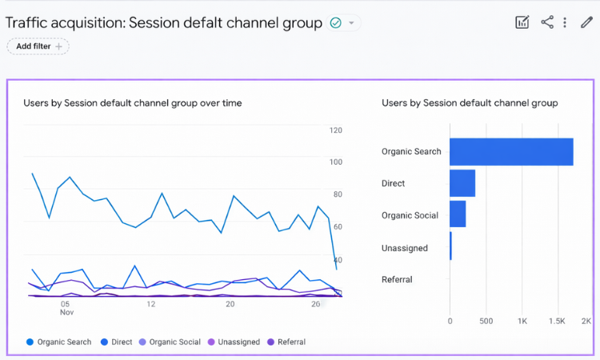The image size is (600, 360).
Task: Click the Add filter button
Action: click(x=38, y=46)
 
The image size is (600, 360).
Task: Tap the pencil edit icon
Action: click(x=586, y=22)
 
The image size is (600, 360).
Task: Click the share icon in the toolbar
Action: click(x=547, y=22)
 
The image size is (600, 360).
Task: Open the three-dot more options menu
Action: click(x=565, y=22)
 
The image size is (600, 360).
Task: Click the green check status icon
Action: click(x=336, y=23)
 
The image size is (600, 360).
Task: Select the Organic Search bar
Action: click(x=511, y=151)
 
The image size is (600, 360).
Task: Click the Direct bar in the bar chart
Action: click(x=462, y=183)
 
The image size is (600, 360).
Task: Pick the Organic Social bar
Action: click(x=458, y=214)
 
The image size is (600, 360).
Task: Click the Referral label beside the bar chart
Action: click(x=397, y=280)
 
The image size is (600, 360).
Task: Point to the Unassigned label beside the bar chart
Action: click(x=405, y=248)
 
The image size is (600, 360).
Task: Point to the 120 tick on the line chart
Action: click(x=336, y=130)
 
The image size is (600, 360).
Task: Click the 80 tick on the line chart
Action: click(x=337, y=194)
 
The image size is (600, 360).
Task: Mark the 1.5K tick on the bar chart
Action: click(x=557, y=322)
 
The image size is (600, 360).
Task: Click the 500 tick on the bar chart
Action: click(x=486, y=322)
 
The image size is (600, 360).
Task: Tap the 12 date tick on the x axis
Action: click(x=150, y=304)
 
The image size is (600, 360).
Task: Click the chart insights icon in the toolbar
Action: click(x=522, y=22)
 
